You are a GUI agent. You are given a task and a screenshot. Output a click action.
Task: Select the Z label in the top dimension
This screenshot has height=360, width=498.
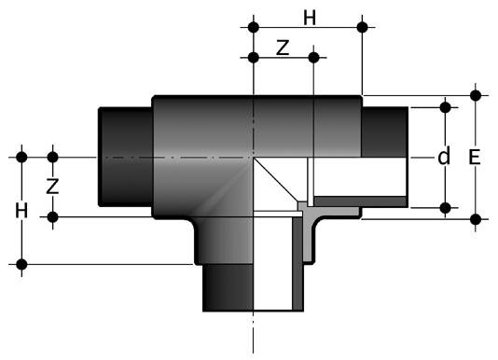tap(282, 49)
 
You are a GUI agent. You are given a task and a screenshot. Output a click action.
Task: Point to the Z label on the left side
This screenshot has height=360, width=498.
tap(53, 186)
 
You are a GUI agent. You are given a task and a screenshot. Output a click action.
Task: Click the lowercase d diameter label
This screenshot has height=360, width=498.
tap(444, 157)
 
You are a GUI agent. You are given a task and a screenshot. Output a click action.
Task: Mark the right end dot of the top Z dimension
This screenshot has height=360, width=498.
tap(314, 58)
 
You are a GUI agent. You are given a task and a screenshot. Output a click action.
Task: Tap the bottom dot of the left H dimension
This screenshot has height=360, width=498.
tap(22, 264)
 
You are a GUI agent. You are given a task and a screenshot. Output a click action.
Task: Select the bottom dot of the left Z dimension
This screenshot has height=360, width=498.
tap(53, 217)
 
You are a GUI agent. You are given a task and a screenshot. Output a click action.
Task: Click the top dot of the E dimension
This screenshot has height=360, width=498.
tap(477, 95)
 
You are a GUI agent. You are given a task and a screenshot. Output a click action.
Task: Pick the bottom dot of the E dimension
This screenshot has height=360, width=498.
tap(477, 219)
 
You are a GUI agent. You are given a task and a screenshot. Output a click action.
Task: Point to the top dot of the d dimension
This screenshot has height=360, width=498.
tap(445, 107)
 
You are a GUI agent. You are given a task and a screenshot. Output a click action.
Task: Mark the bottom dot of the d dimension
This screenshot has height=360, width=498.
tap(445, 206)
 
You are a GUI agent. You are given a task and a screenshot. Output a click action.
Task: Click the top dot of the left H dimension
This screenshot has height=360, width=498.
tap(22, 157)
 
